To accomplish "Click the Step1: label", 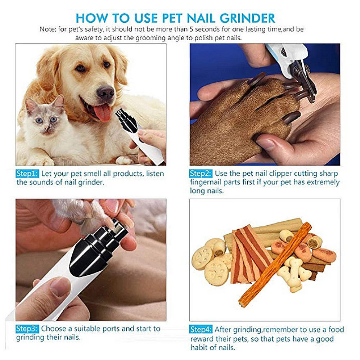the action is (27, 174).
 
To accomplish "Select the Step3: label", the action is (27, 328).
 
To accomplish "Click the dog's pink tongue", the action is (102, 113).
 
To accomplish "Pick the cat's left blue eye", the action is (38, 120).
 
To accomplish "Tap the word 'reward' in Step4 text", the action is (204, 339).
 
